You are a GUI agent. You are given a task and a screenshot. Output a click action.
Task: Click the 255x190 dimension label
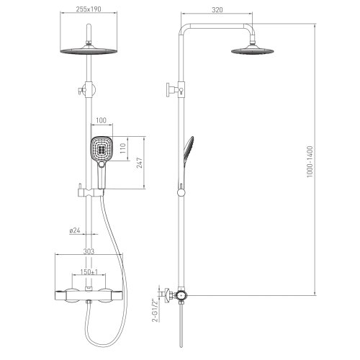click(89, 9)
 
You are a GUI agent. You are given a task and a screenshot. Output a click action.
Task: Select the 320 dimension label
click(217, 10)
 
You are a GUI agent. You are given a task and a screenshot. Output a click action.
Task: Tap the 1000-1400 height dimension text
click(310, 161)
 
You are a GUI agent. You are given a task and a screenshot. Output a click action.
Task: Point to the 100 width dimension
click(101, 120)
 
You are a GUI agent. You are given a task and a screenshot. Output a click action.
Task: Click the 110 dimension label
click(123, 148)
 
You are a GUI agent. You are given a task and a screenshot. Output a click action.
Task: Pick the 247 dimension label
click(140, 163)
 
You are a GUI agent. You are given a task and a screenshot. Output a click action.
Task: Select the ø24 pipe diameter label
click(75, 230)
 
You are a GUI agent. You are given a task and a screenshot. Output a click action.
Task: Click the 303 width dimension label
click(89, 251)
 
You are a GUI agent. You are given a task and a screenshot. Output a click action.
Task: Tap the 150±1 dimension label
click(89, 272)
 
